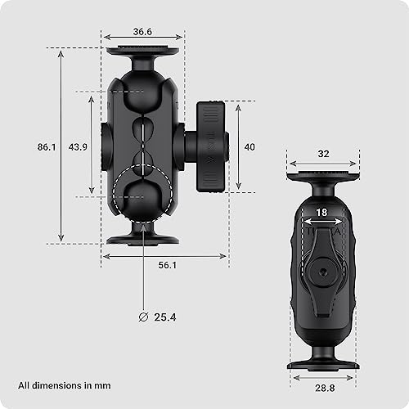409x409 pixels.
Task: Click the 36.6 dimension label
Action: [142, 32]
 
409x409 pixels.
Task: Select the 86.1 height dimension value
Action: [47, 147]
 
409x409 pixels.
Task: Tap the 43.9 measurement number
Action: [78, 147]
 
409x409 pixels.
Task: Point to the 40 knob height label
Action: [249, 147]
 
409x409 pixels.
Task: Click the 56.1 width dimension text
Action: [168, 265]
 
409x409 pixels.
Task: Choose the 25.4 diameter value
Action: [165, 317]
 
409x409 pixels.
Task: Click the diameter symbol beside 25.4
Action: [143, 317]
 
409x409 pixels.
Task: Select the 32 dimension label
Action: [323, 154]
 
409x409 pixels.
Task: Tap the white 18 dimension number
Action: [321, 213]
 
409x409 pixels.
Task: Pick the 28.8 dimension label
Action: [325, 388]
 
